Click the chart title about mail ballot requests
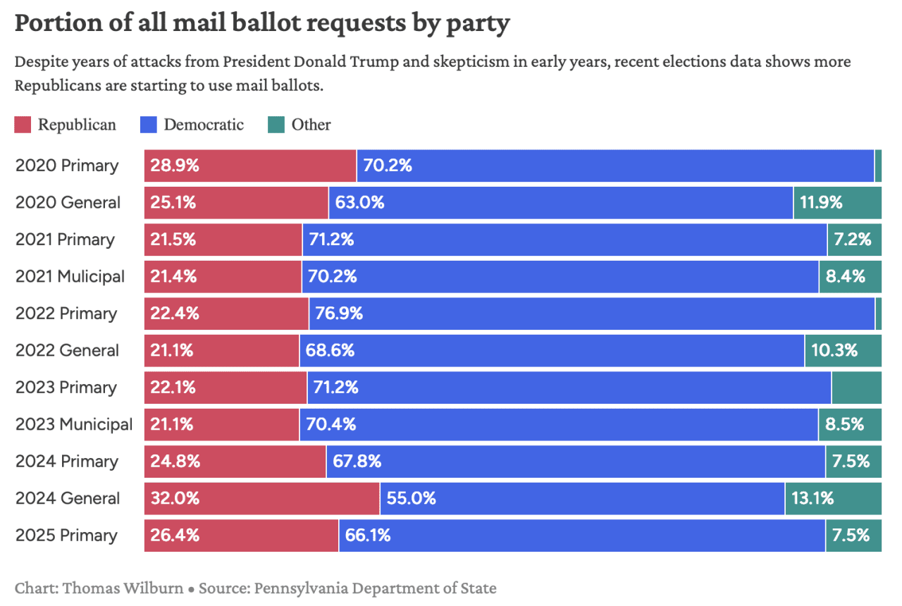(261, 23)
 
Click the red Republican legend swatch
(23, 125)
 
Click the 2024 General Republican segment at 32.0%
(261, 498)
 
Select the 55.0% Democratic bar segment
(582, 498)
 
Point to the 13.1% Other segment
(833, 498)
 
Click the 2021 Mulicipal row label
(70, 276)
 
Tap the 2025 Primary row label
(66, 536)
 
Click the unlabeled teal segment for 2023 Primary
(856, 388)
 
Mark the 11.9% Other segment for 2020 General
(837, 203)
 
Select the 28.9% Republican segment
(250, 166)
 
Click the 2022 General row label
(67, 350)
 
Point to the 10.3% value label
(834, 350)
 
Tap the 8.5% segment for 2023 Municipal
(850, 424)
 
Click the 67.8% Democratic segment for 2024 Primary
(575, 462)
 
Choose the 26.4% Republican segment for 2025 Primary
(241, 536)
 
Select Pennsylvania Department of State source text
(375, 588)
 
